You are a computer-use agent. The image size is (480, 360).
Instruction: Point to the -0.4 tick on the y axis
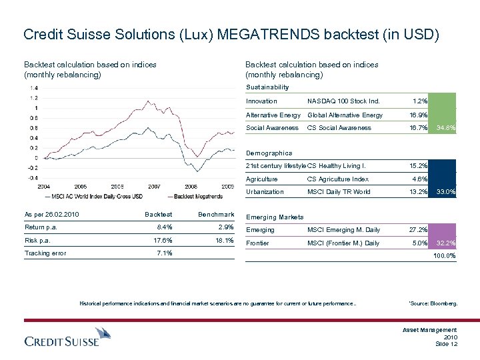pyautogui.click(x=32, y=178)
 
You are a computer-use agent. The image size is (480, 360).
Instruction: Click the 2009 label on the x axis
pyautogui.click(x=227, y=187)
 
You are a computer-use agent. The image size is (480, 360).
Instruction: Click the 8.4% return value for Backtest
pyautogui.click(x=164, y=227)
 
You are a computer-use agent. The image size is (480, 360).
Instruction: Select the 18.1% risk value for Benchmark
pyautogui.click(x=225, y=240)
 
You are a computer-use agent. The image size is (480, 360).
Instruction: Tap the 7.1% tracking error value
pyautogui.click(x=164, y=253)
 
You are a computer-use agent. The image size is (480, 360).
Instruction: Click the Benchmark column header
pyautogui.click(x=216, y=215)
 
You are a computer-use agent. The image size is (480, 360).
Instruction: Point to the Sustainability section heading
pyautogui.click(x=268, y=87)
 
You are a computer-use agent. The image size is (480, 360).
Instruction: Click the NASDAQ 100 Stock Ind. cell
pyautogui.click(x=343, y=101)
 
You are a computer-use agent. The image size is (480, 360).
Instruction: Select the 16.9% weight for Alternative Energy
pyautogui.click(x=418, y=115)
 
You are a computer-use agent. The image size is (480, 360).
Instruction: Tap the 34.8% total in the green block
pyautogui.click(x=445, y=128)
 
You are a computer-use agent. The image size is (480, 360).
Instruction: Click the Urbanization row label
pyautogui.click(x=265, y=192)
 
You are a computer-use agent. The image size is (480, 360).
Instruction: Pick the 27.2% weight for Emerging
pyautogui.click(x=418, y=230)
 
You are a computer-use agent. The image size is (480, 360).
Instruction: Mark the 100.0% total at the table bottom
pyautogui.click(x=445, y=255)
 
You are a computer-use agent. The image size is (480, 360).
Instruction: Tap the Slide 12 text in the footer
pyautogui.click(x=445, y=343)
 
